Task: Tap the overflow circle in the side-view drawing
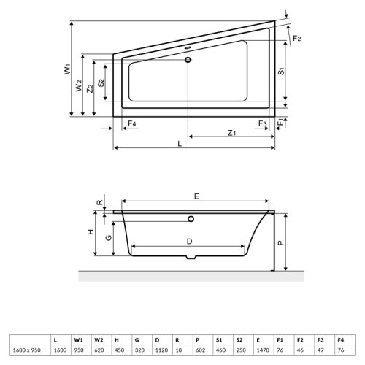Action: pos(191,218)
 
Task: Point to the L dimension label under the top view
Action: pos(180,144)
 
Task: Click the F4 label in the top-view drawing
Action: pos(131,124)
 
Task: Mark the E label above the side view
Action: pos(196,196)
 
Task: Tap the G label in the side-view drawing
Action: pos(108,237)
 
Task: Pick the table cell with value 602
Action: pos(197,350)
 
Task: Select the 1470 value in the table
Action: pos(259,350)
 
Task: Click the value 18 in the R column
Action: pos(177,350)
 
